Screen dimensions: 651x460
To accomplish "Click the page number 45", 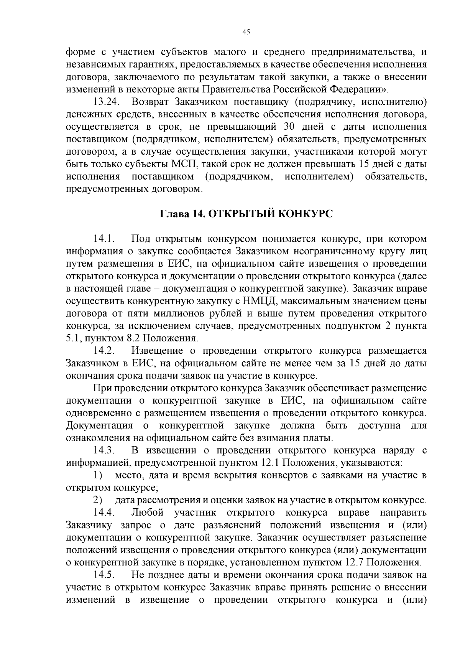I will tap(246, 32).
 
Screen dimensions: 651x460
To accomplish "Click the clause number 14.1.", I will tap(104, 239).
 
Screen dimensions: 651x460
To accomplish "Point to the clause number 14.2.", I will tap(104, 351).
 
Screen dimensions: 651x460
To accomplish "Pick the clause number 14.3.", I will tap(104, 450).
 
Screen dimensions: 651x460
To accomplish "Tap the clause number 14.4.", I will tap(104, 513).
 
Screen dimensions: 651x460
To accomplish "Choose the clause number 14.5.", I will tap(104, 575).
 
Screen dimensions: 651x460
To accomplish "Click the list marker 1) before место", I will tap(98, 476).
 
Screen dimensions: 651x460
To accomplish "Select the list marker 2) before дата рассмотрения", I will tap(98, 501).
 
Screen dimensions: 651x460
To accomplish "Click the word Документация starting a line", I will tap(99, 426).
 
